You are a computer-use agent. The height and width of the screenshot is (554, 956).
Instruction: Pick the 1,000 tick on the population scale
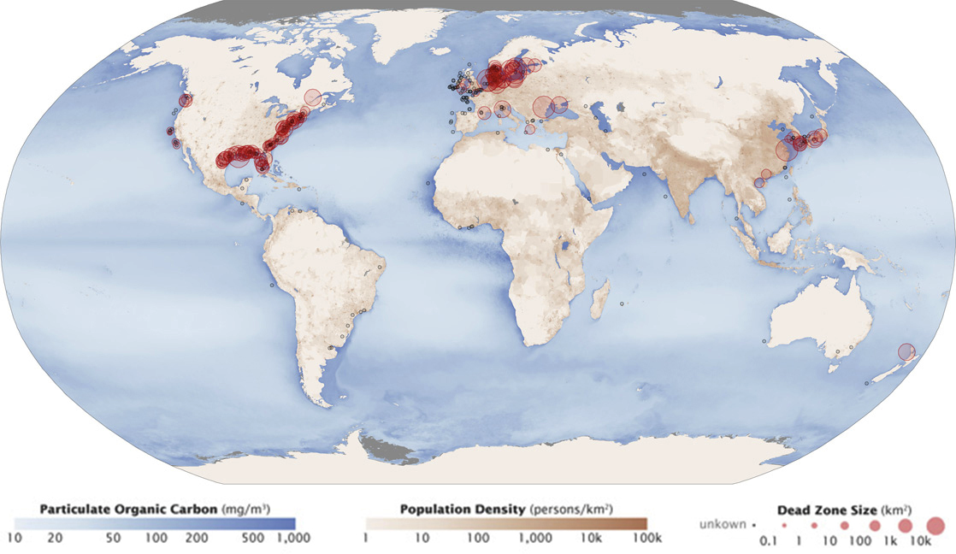pos(536,539)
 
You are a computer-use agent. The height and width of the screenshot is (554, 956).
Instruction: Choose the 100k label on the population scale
pos(646,539)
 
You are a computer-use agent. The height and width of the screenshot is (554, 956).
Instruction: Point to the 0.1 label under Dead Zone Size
pos(769,540)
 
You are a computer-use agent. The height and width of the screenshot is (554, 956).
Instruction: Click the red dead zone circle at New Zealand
pos(906,351)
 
